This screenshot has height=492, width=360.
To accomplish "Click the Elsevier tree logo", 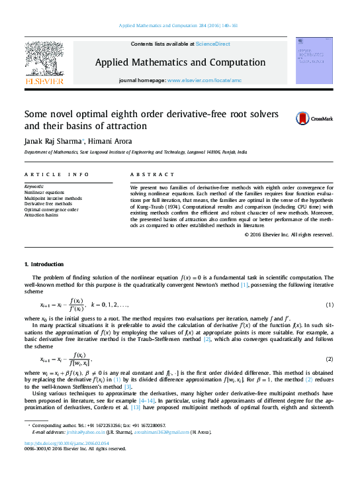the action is tap(45, 61).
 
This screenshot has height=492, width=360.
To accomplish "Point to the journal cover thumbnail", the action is tap(313, 60).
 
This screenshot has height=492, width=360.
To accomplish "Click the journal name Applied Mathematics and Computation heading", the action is tap(179, 62).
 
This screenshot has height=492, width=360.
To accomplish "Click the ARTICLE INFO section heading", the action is tap(57, 175).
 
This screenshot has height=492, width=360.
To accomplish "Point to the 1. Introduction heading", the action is tap(44, 264).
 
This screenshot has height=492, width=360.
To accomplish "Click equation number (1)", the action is tap(329, 305).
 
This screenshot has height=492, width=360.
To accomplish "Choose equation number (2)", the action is tap(329, 358).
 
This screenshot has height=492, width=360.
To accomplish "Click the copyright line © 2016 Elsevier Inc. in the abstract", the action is tap(288, 234).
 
